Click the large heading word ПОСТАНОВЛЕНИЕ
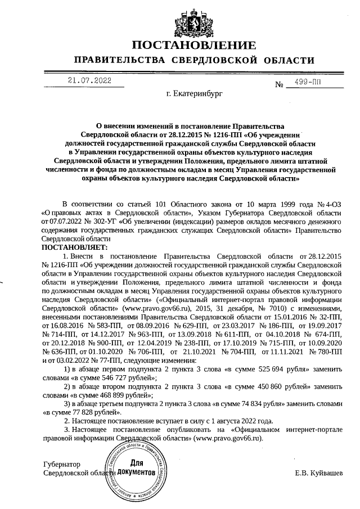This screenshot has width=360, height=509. click(194, 45)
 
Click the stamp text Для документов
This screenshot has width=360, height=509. click(136, 467)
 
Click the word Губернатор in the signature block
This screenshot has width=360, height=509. click(62, 465)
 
